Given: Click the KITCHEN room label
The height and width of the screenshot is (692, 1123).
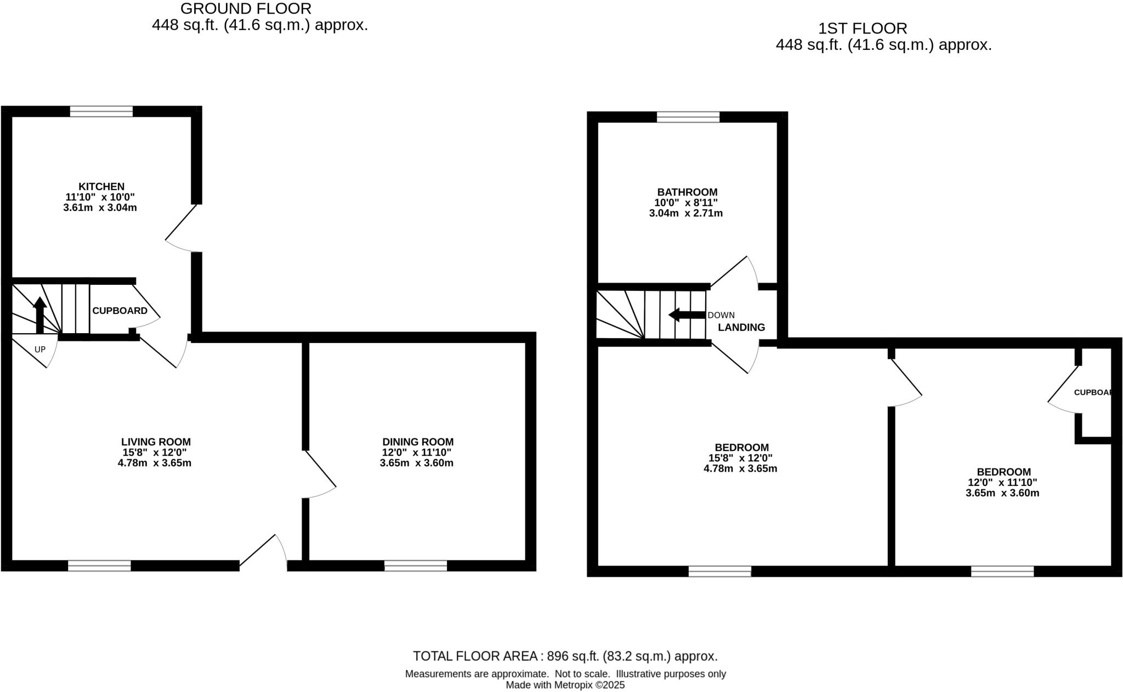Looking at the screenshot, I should [101, 186].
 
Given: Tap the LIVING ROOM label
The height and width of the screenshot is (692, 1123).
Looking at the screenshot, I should [156, 442].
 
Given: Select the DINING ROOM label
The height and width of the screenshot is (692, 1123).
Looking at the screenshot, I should [418, 442].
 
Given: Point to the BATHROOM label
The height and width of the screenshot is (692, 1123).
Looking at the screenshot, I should [687, 192].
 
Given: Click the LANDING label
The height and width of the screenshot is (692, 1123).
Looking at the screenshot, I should [741, 327].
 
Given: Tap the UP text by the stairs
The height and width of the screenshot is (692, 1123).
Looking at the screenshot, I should [40, 349].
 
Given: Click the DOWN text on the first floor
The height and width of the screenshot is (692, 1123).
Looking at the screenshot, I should [721, 315].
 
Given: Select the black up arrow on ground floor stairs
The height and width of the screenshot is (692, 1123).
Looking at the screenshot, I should [39, 314].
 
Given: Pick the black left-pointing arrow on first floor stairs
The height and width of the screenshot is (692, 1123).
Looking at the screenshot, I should [687, 315].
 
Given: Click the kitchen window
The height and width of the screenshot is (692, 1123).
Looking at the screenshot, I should [101, 111].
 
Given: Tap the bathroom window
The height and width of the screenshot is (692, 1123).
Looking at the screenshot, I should [688, 117].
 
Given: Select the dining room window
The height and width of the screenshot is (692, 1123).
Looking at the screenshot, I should [416, 565].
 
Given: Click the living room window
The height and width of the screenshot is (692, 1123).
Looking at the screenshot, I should [99, 565].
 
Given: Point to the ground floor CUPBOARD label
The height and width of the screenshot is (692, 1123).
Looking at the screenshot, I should [120, 311].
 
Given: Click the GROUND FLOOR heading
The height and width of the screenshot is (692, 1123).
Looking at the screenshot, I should [246, 9].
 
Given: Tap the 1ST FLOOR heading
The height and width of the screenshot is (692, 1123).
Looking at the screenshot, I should [863, 28].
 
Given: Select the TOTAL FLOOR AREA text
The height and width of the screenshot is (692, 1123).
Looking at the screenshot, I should [565, 656].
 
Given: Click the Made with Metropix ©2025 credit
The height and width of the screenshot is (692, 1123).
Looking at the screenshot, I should [565, 685].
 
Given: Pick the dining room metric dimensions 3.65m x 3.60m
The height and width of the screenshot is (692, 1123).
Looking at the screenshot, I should [416, 463].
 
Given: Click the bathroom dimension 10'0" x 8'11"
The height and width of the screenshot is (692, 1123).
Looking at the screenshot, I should [685, 202].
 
